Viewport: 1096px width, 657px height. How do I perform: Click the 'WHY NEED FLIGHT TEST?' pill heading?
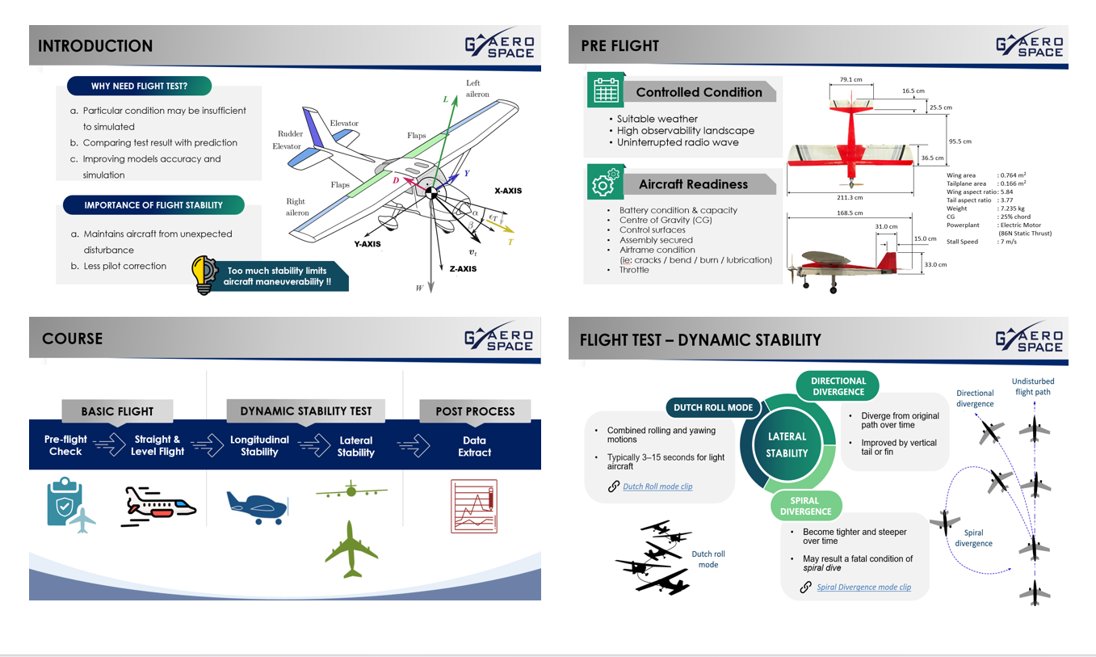click(140, 86)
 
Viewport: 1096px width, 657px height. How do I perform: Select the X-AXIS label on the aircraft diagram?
click(508, 191)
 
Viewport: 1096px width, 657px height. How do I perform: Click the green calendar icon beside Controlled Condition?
click(606, 90)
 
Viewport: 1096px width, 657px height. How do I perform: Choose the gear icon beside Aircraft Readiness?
click(606, 182)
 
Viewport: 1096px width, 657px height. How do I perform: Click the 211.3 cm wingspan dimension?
click(850, 198)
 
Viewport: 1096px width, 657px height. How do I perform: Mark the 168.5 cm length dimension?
click(850, 213)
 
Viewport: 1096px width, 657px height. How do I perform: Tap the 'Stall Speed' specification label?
click(962, 242)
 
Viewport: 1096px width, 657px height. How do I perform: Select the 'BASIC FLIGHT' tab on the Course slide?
click(117, 411)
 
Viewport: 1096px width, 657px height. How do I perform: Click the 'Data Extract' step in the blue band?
click(475, 447)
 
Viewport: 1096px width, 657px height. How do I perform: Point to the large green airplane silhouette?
click(351, 550)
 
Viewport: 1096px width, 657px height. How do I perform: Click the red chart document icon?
click(474, 506)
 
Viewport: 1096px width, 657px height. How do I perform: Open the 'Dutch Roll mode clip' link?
click(657, 486)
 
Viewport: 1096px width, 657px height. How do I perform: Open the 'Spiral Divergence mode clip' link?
click(863, 587)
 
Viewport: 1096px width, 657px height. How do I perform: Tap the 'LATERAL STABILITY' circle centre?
click(787, 444)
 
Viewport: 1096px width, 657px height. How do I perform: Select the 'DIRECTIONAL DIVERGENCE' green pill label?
click(838, 386)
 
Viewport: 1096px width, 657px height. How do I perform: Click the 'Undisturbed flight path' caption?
click(1033, 387)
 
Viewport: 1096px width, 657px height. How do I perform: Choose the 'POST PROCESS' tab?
click(475, 411)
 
